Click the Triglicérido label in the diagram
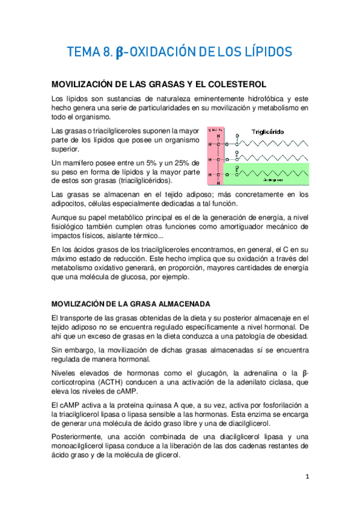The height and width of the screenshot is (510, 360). (268, 131)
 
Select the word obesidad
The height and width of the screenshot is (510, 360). (291, 336)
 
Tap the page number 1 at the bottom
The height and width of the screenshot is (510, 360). (307, 477)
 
